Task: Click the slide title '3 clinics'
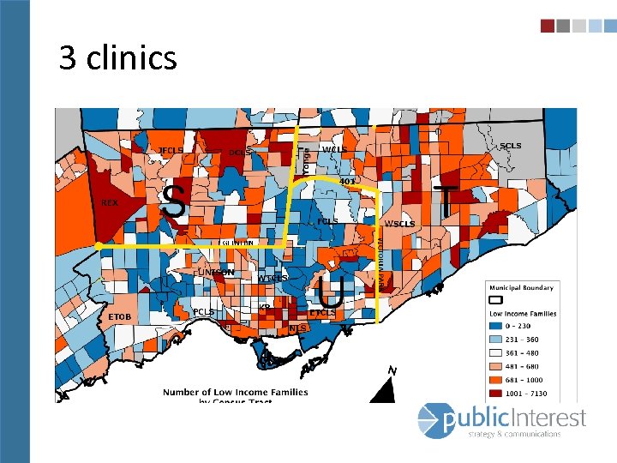pyautogui.click(x=118, y=58)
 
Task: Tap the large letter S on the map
pyautogui.click(x=174, y=202)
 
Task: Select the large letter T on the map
pyautogui.click(x=445, y=201)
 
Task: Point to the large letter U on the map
pyautogui.click(x=329, y=292)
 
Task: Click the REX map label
pyautogui.click(x=110, y=203)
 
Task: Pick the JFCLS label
pyautogui.click(x=171, y=151)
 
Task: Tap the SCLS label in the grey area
pyautogui.click(x=510, y=146)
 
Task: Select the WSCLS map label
pyautogui.click(x=400, y=224)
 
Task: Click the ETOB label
pyautogui.click(x=119, y=317)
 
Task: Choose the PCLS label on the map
pyautogui.click(x=203, y=311)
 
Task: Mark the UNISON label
pyautogui.click(x=216, y=272)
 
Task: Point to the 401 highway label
pyautogui.click(x=347, y=182)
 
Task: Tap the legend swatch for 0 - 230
pyautogui.click(x=495, y=326)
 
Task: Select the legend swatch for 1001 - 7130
pyautogui.click(x=495, y=394)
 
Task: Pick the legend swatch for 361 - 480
pyautogui.click(x=495, y=352)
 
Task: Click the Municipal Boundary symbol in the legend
pyautogui.click(x=495, y=300)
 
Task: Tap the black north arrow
pyautogui.click(x=386, y=391)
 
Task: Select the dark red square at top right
pyautogui.click(x=547, y=26)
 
